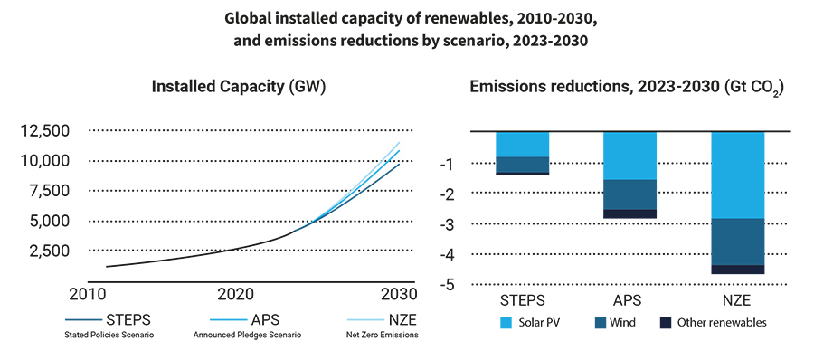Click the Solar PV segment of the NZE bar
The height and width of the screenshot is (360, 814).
click(739, 175)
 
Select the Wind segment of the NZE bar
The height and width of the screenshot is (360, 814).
click(739, 242)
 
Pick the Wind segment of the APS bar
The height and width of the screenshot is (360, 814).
click(629, 194)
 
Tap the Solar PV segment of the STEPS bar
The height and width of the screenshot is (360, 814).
click(522, 144)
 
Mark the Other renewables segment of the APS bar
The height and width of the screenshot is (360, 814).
click(629, 213)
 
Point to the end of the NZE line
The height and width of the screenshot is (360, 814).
click(399, 142)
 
